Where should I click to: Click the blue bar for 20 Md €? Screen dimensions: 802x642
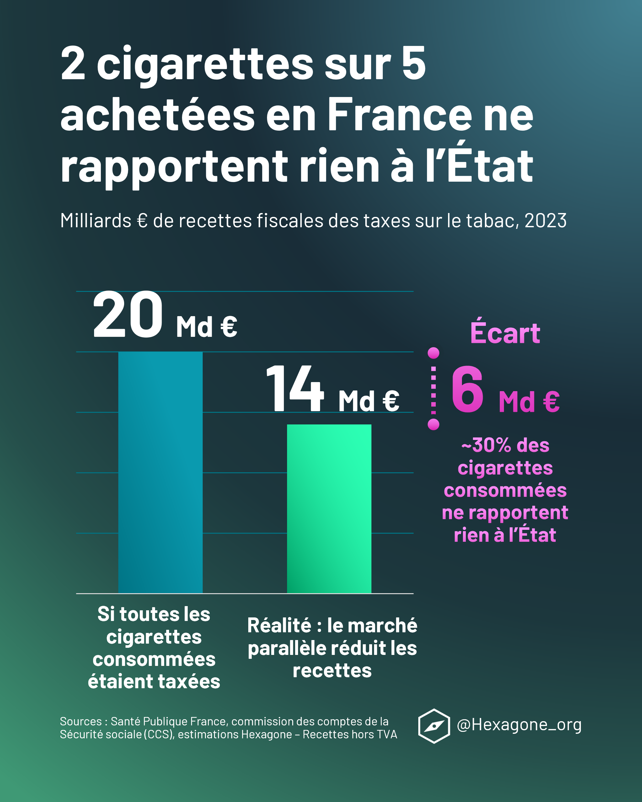point(160,472)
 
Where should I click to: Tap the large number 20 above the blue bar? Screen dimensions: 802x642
point(128,315)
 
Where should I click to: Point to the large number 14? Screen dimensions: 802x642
point(294,389)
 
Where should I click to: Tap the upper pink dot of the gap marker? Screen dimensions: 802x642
point(433,353)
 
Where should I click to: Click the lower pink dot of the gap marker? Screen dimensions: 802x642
point(433,424)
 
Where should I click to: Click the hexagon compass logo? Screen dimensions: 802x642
point(434,726)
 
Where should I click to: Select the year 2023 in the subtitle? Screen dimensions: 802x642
point(545,220)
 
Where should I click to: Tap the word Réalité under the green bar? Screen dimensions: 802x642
point(279,626)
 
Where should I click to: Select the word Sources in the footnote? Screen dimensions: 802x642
point(81,721)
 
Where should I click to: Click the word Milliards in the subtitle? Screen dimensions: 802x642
point(96,220)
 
